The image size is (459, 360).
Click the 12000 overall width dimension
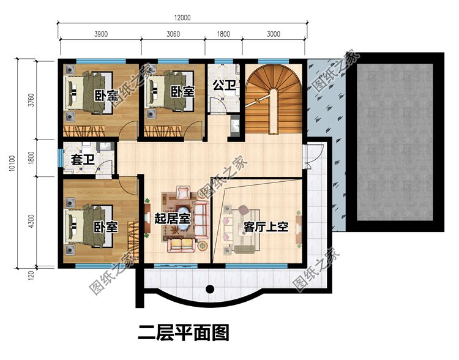[182, 18]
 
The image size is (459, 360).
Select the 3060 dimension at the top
[174, 34]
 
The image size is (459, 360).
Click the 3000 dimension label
[273, 34]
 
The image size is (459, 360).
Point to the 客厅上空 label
[266, 227]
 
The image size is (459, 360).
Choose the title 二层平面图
[183, 333]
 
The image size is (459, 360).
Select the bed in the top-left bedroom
[88, 95]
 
